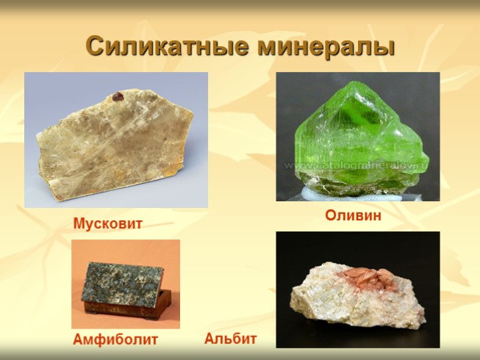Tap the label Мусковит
pos(107,223)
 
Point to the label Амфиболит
pos(115,339)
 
